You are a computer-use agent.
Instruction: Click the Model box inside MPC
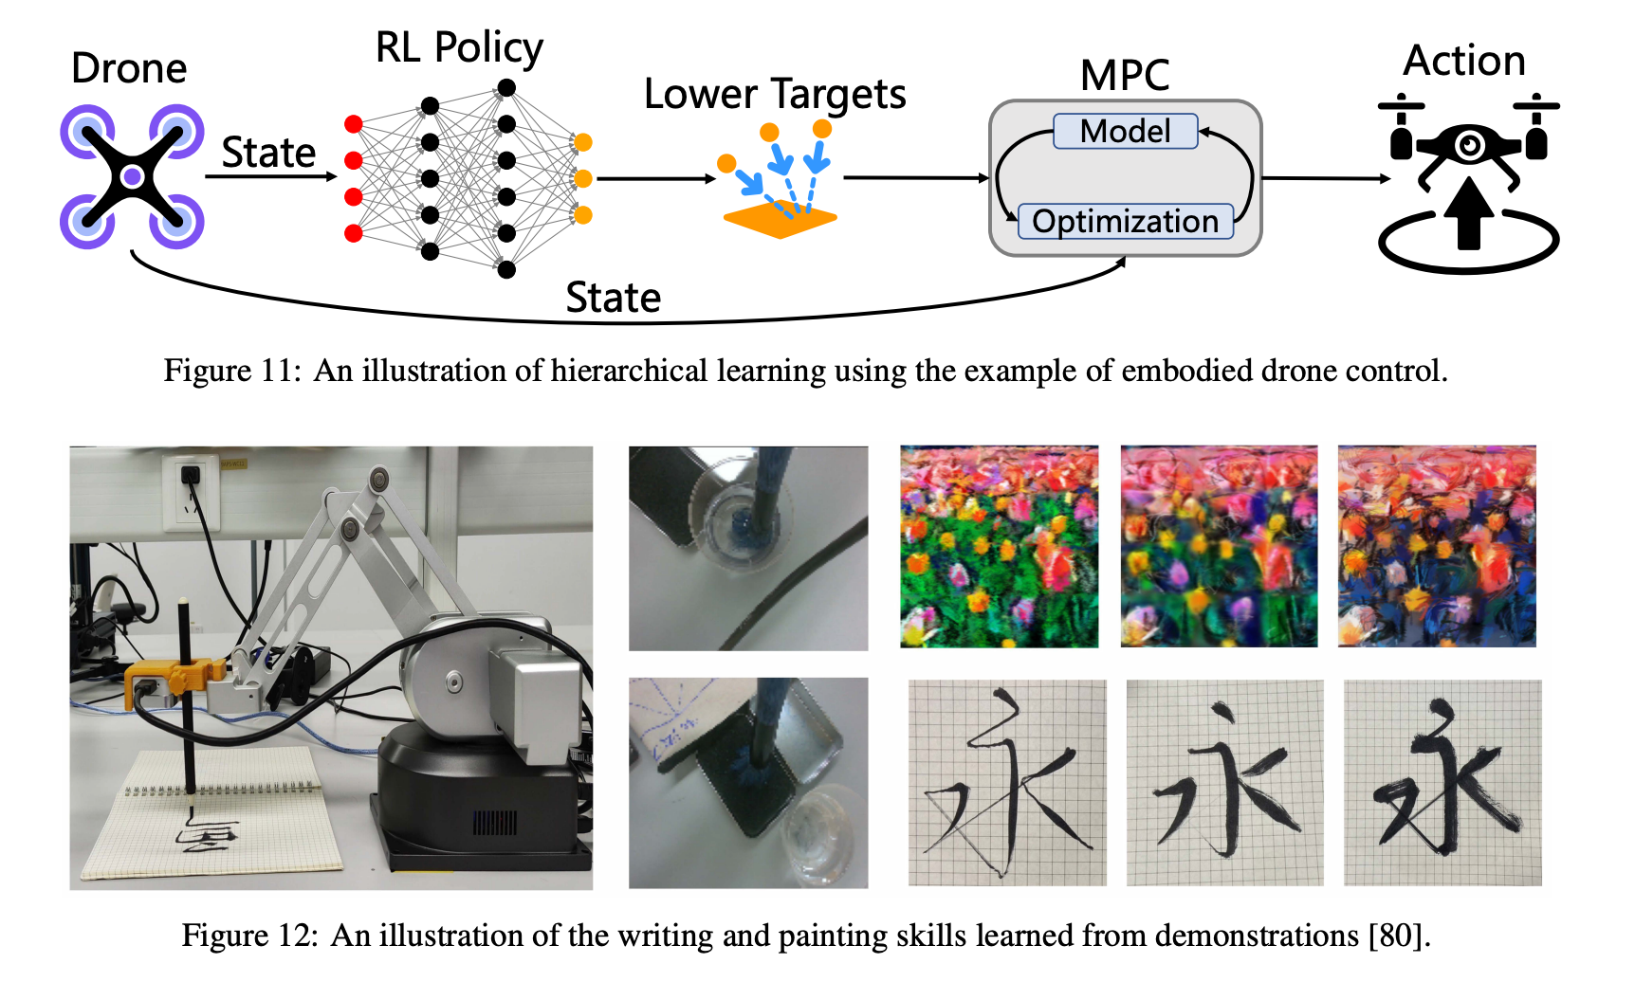point(1125,131)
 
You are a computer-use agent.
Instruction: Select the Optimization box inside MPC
point(1125,221)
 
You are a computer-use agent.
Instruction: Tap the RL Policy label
point(459,47)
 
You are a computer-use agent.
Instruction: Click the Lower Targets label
point(775,94)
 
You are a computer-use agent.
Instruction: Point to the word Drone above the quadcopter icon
point(129,68)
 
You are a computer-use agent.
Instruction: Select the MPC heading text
point(1125,75)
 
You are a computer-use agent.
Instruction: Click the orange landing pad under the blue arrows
point(780,220)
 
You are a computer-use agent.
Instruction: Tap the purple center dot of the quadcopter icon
point(133,176)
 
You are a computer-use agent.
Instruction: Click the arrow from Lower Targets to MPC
point(915,177)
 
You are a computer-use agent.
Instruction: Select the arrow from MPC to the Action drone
point(1326,178)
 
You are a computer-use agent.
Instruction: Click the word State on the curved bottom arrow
point(613,298)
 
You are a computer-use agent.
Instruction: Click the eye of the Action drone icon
point(1470,145)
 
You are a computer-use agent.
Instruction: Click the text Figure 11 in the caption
point(230,370)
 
